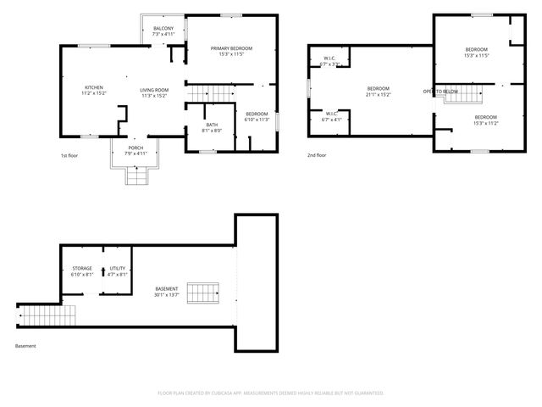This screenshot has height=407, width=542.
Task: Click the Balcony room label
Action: [163, 31]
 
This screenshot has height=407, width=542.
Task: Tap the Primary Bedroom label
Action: [231, 52]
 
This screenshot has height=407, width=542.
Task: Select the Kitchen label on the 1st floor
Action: [94, 90]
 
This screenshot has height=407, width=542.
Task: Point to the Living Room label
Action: [154, 92]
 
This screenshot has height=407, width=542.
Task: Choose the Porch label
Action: [135, 151]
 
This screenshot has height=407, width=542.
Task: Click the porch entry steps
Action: [135, 176]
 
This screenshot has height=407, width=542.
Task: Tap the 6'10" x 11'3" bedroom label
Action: [257, 117]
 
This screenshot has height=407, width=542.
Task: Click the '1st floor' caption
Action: [69, 156]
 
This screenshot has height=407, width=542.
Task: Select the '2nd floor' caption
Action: [317, 156]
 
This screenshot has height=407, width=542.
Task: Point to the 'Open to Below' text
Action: [441, 91]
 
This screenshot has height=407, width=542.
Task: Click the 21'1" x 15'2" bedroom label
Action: [378, 92]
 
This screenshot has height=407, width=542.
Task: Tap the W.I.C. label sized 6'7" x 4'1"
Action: [332, 116]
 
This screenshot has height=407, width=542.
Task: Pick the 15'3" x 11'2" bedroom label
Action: [485, 120]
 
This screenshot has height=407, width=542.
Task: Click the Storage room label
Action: [82, 271]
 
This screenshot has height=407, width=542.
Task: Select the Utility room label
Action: [117, 271]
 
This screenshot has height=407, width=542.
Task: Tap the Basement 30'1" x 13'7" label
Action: [167, 292]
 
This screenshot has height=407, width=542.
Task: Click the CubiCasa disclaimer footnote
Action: [271, 393]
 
